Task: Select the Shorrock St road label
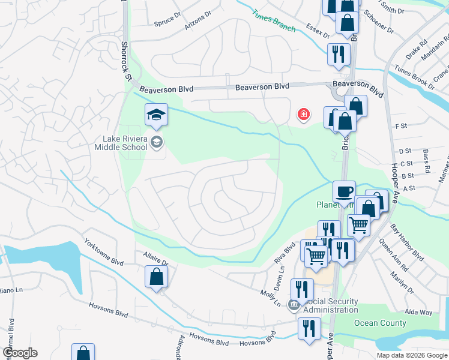click(x=125, y=61)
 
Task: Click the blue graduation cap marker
click(x=156, y=115)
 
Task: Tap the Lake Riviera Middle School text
click(x=124, y=143)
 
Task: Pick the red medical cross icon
click(x=303, y=114)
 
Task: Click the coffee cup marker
click(x=344, y=191)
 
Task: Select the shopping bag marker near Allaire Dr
click(x=156, y=277)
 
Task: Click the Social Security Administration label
click(x=330, y=305)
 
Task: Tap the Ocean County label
click(x=380, y=323)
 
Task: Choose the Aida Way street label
click(x=418, y=313)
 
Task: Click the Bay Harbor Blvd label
click(x=406, y=244)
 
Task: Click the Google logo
click(x=19, y=353)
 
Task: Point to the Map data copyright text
click(x=411, y=355)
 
